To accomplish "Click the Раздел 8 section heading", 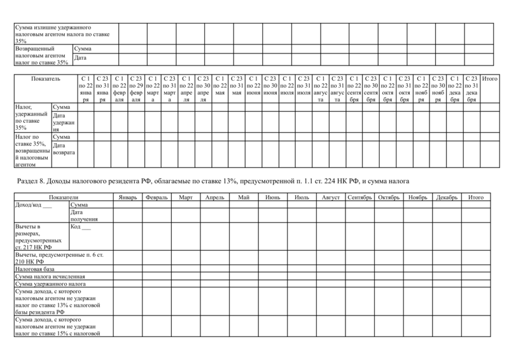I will (x=206, y=181).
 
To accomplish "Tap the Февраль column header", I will (x=157, y=198).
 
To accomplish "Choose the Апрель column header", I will (x=215, y=198).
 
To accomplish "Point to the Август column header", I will (x=331, y=198).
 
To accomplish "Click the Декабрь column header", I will (x=447, y=198).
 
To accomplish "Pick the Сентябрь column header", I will (x=359, y=198).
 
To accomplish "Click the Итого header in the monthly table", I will (x=475, y=198).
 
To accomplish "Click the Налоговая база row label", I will (x=32, y=270).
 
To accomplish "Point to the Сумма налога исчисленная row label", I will (x=45, y=277).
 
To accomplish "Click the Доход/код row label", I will (x=32, y=205).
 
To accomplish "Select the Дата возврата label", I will (x=64, y=149).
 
